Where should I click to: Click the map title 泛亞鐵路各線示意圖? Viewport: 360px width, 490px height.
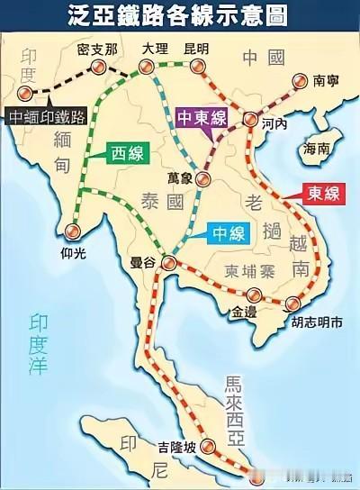coord(180,15)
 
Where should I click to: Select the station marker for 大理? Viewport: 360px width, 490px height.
coord(148,65)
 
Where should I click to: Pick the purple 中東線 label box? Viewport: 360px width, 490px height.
coord(202,117)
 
